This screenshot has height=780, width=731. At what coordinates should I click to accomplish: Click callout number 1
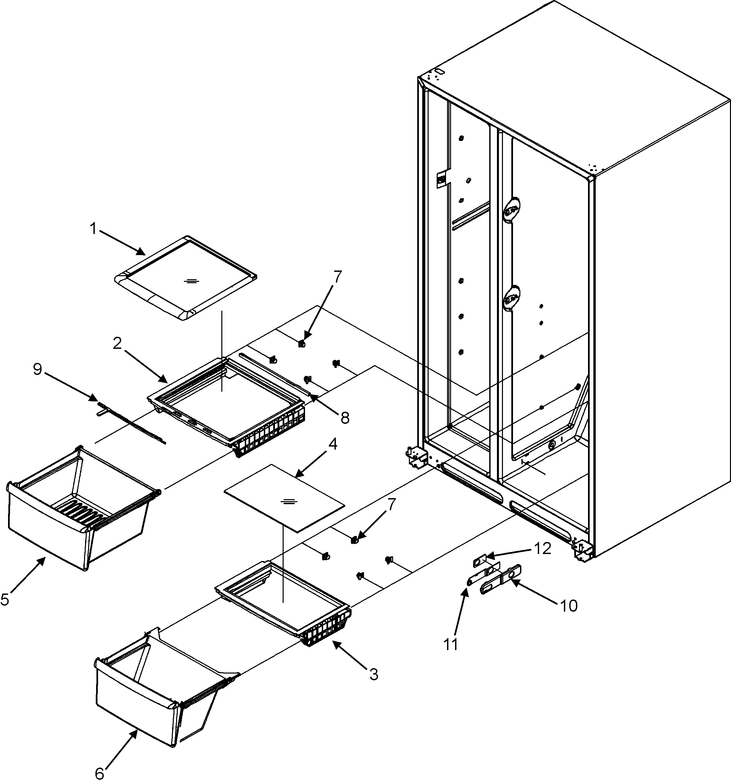[x=93, y=229]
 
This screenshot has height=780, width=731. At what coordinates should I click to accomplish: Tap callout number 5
[x=5, y=599]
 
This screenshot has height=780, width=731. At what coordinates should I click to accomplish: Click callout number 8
[x=345, y=418]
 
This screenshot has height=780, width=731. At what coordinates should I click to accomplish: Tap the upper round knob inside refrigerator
[x=511, y=211]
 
